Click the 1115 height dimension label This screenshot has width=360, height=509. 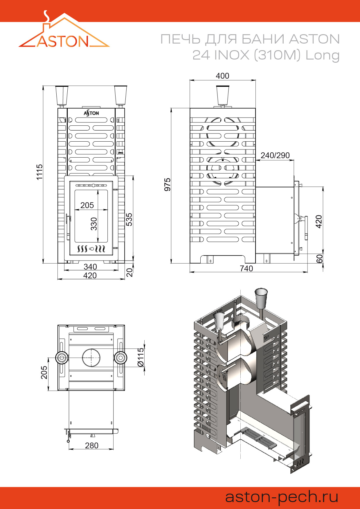(x=39, y=172)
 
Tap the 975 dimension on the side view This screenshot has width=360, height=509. (x=168, y=185)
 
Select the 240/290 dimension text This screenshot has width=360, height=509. (x=275, y=155)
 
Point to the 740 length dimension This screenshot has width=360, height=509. (x=246, y=268)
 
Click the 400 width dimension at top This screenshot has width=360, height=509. (x=222, y=76)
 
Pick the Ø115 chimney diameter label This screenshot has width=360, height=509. (x=141, y=357)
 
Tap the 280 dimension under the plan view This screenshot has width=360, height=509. (x=92, y=445)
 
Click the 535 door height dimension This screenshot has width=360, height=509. (x=129, y=219)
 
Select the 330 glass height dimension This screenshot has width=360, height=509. (x=94, y=224)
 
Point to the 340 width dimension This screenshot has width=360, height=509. (x=90, y=266)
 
